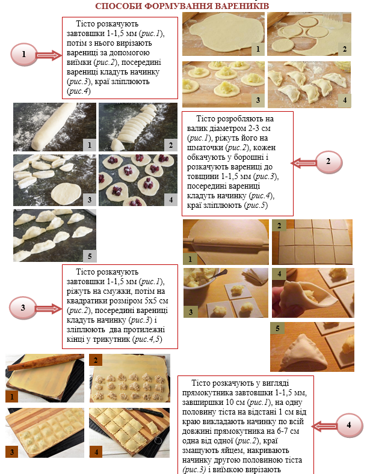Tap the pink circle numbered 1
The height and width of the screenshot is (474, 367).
pyautogui.click(x=24, y=55)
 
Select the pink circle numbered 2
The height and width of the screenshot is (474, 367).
pyautogui.click(x=328, y=162)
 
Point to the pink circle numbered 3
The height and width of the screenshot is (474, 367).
pyautogui.click(x=23, y=308)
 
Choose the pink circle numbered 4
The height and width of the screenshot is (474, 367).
pyautogui.click(x=349, y=425)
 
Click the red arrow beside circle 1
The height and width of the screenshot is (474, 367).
pyautogui.click(x=49, y=55)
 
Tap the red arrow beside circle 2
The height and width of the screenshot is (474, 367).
pyautogui.click(x=304, y=163)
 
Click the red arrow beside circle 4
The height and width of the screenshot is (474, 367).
pyautogui.click(x=324, y=426)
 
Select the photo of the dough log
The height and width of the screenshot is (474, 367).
pyautogui.click(x=55, y=127)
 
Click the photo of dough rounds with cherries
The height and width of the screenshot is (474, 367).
pyautogui.click(x=138, y=180)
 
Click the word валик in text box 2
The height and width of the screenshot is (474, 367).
pyautogui.click(x=197, y=128)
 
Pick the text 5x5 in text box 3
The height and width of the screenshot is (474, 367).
pyautogui.click(x=150, y=301)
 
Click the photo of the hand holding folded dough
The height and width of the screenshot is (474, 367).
pyautogui.click(x=313, y=293)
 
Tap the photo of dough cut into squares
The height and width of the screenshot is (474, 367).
pyautogui.click(x=312, y=242)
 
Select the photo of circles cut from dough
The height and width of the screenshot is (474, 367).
pyautogui.click(x=309, y=34)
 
